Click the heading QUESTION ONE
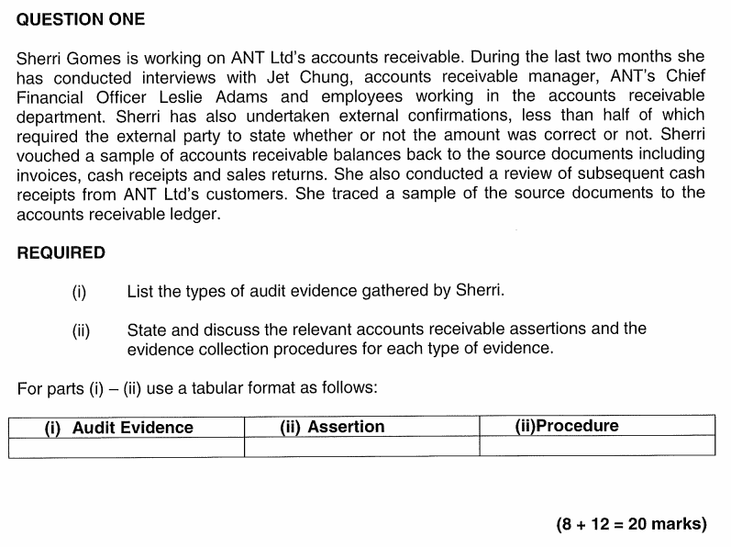(x=81, y=19)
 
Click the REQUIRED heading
(x=61, y=253)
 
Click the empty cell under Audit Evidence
(x=127, y=447)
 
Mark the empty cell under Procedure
(x=596, y=447)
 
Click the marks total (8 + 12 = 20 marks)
(x=631, y=525)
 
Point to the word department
(x=61, y=116)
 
